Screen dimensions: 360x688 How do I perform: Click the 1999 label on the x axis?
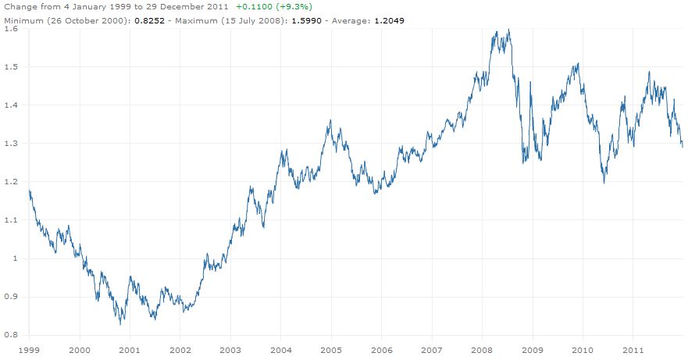[29, 350]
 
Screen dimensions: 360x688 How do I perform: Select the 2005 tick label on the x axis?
[331, 350]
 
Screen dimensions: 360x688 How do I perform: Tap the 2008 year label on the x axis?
[482, 350]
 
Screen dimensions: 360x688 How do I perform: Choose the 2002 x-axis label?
[180, 350]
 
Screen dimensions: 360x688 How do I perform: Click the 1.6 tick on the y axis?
[11, 29]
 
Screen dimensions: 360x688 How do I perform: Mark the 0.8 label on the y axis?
[11, 335]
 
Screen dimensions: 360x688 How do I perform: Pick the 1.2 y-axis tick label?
[11, 182]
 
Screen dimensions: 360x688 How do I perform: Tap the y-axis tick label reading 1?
[15, 258]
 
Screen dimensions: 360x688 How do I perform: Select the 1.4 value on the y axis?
[11, 105]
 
